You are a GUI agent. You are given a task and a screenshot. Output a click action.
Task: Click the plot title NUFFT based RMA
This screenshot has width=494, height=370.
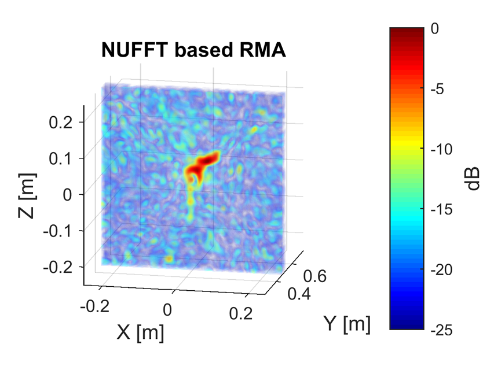(x=193, y=51)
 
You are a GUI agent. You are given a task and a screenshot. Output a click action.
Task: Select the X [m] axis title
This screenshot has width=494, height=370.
(x=140, y=332)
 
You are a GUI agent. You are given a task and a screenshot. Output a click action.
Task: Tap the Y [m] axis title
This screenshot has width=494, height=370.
(x=346, y=324)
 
